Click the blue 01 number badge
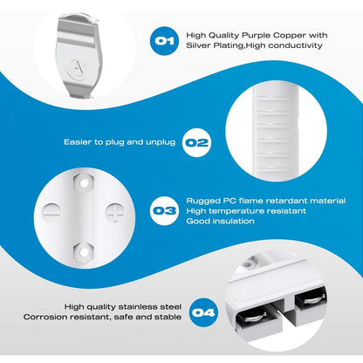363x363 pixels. tap(164, 40)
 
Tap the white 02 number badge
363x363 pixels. tap(197, 142)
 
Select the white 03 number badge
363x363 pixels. tap(164, 210)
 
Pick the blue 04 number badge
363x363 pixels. tap(203, 312)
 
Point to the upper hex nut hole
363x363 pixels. tap(84, 183)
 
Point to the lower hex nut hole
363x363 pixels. tap(84, 251)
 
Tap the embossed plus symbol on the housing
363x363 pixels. tap(115, 212)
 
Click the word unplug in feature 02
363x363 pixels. tap(161, 142)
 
